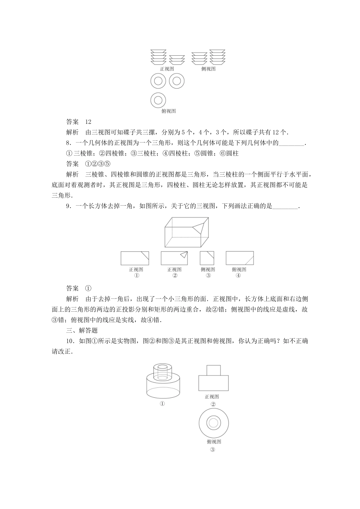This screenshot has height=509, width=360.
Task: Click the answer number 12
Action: coord(88,122)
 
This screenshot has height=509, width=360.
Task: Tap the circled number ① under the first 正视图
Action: coord(136,276)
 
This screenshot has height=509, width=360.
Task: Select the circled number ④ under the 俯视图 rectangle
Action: coord(238,276)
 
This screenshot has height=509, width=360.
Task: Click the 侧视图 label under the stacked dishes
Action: coord(208,69)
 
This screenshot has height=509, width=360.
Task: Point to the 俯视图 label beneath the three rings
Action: coord(168,111)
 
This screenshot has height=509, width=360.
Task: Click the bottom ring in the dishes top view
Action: coord(158,100)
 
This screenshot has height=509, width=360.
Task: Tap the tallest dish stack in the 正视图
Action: coord(158,57)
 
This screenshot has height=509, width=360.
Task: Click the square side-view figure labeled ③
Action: coord(207,258)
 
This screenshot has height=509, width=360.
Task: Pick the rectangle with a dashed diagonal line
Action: coord(239,258)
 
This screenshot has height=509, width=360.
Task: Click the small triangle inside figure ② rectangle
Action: coord(184,255)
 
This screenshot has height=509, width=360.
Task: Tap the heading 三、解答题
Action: coord(82,330)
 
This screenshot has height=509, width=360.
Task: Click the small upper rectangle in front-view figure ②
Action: coord(213,370)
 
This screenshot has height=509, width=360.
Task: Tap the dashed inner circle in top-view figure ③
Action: coord(213,423)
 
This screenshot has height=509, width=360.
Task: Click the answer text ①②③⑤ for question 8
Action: coord(97,164)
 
